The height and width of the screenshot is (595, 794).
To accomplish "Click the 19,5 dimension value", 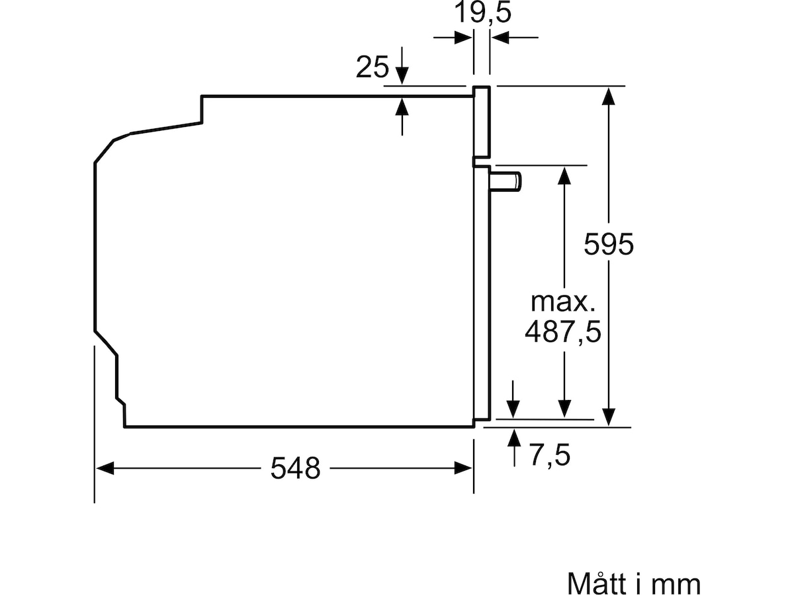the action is (482, 13).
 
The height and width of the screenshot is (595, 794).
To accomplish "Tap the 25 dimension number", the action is (372, 67).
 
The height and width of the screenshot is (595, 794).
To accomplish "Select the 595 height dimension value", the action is (609, 245).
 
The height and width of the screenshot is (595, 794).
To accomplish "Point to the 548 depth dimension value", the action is (295, 469).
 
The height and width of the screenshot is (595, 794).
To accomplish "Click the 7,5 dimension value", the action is (550, 456).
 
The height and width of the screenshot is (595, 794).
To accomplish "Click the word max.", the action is (562, 302).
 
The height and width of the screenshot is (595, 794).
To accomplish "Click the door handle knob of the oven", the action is (506, 181).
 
